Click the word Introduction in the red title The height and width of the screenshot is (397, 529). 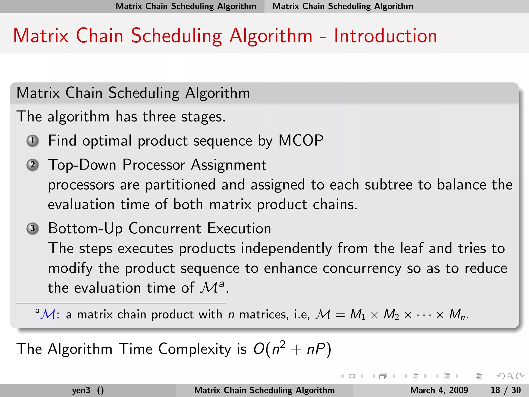[385, 36]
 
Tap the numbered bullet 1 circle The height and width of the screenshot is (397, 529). [33, 141]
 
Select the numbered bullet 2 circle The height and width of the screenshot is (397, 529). [33, 165]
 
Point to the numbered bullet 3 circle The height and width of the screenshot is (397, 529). [33, 228]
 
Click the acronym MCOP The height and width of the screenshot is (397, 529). [301, 141]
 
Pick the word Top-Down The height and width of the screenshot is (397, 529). [82, 165]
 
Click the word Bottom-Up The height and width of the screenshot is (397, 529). [85, 228]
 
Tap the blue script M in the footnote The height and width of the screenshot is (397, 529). [48, 315]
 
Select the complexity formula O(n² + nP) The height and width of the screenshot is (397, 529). [292, 349]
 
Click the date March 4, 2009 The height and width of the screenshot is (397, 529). [439, 390]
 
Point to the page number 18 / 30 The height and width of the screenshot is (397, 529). [505, 390]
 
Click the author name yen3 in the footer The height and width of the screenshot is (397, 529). [81, 390]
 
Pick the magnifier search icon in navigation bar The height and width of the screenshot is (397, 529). [510, 376]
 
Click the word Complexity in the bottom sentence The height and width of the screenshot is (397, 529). [195, 349]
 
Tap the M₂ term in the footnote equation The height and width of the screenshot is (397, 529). [391, 315]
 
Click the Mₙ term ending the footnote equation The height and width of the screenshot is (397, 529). [457, 315]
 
